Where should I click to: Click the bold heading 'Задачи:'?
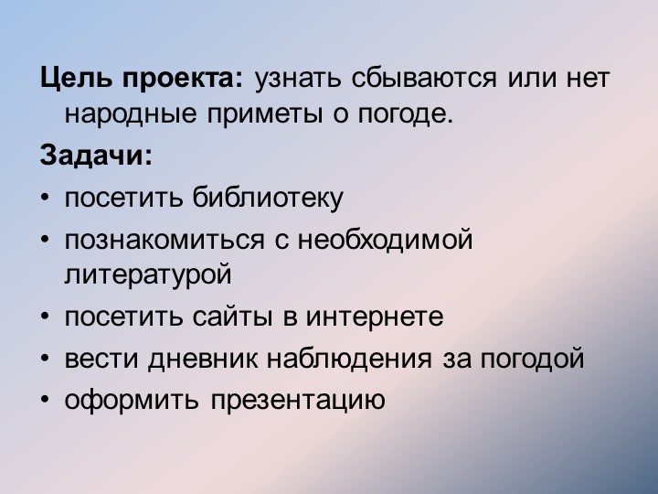[97, 156]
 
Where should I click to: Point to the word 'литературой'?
[147, 273]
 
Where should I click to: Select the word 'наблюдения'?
[349, 359]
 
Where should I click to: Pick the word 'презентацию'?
[297, 401]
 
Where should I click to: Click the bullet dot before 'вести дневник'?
[46, 359]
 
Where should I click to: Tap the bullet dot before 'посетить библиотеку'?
[46, 197]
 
